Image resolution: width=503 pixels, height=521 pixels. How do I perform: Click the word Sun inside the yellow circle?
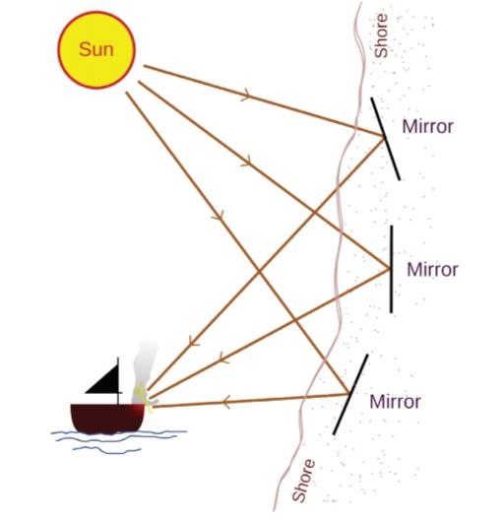96,49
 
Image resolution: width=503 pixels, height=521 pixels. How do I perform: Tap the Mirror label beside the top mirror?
427,126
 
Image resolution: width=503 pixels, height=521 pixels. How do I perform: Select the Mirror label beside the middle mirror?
432,269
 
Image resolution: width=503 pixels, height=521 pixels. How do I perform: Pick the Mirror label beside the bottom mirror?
395,402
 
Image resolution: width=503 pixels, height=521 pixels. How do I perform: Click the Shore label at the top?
381,35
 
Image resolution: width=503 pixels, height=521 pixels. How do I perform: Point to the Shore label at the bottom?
303,481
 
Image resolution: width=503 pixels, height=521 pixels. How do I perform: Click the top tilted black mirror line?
386,139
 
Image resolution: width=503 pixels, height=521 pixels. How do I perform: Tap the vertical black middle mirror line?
392,269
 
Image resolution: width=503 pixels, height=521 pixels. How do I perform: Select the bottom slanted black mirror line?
350,394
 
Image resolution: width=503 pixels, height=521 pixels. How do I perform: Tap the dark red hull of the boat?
107,418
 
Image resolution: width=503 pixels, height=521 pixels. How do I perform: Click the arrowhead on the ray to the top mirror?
247,95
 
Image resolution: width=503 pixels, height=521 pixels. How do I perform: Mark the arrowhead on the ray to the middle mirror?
247,161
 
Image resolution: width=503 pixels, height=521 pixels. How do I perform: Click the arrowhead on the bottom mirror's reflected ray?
226,403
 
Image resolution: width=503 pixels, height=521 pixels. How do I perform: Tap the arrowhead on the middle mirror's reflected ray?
223,358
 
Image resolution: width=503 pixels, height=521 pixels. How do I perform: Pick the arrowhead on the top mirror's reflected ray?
194,342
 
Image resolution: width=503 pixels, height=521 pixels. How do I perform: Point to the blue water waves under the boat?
119,440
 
